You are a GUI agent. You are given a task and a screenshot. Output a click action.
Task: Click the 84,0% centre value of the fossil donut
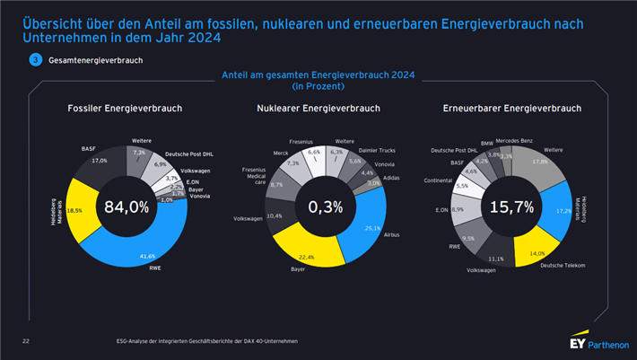(126, 206)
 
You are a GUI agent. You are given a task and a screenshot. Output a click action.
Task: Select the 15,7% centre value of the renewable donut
(511, 207)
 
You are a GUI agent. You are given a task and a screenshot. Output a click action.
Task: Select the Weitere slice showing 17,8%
(539, 163)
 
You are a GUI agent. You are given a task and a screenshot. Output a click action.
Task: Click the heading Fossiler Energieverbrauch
(125, 109)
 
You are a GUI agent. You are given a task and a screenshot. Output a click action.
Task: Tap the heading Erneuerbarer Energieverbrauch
(512, 109)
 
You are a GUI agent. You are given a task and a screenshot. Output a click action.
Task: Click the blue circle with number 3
(35, 59)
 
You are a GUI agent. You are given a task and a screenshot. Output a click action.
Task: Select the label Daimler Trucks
(377, 150)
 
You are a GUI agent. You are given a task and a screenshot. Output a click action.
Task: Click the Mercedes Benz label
(519, 141)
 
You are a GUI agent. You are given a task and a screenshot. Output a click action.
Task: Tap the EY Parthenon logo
(598, 344)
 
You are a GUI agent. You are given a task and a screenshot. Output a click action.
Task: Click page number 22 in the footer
(26, 341)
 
